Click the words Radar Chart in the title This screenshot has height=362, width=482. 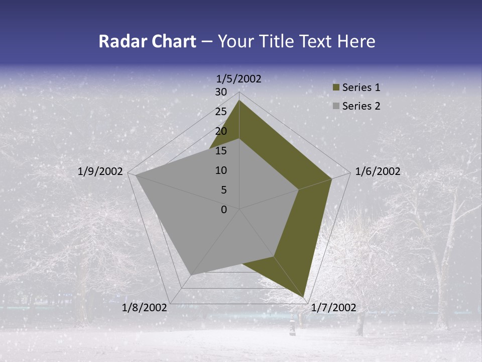[147, 41]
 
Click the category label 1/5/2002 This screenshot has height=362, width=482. [239, 78]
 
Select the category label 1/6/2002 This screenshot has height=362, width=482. [378, 172]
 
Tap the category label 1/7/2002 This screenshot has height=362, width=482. [333, 308]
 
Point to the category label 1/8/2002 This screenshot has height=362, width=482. [145, 308]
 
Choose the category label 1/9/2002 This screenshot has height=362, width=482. [100, 172]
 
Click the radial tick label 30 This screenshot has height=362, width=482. [221, 92]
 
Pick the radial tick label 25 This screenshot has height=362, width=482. [221, 112]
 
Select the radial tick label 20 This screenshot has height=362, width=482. [221, 131]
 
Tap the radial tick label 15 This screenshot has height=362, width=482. [221, 151]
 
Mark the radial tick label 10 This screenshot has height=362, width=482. [221, 170]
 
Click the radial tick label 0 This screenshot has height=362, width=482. [224, 210]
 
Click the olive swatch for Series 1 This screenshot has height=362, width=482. [336, 88]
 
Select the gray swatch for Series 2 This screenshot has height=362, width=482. [336, 106]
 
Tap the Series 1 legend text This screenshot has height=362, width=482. [361, 88]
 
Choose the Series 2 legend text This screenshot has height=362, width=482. [361, 106]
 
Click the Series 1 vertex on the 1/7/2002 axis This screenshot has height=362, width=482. [303, 297]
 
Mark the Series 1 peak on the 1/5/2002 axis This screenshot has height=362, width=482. [239, 101]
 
